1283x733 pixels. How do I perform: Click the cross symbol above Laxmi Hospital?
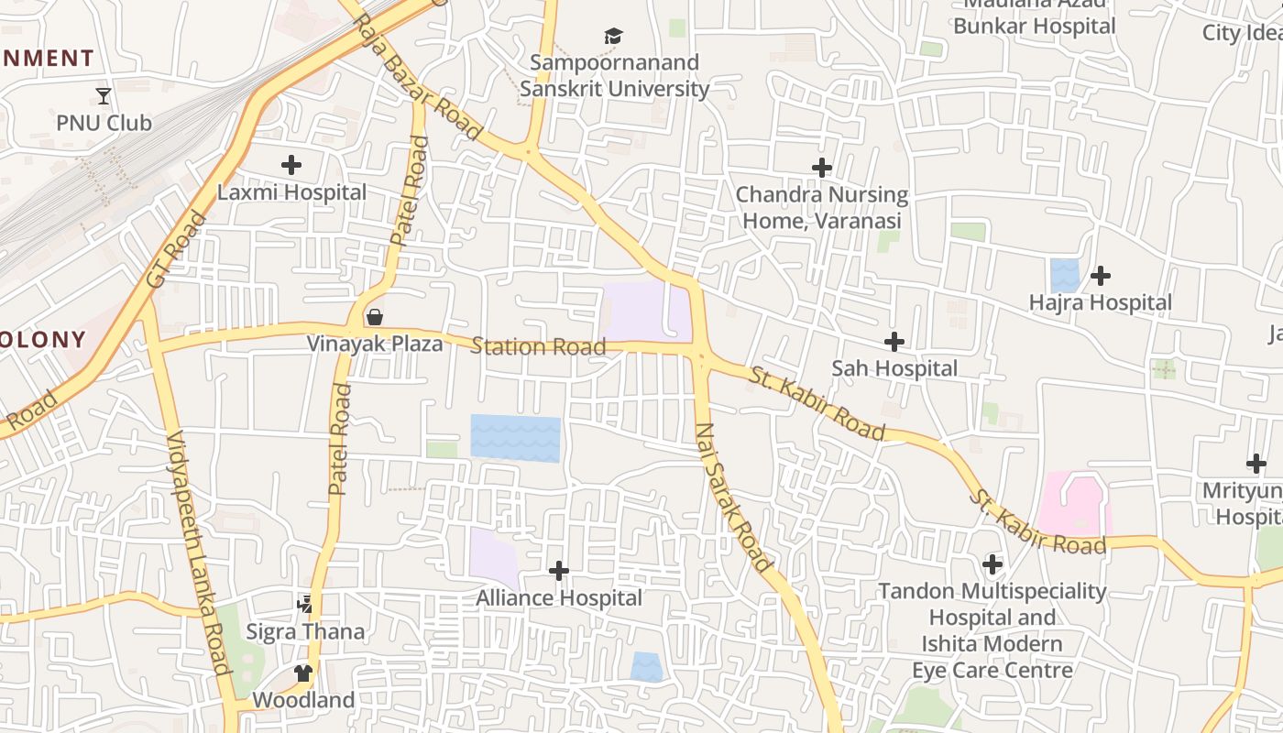291,165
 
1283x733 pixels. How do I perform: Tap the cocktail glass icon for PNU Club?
104,95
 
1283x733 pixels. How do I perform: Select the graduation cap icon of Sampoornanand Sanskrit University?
613,36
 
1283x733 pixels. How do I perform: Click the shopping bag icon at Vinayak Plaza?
375,317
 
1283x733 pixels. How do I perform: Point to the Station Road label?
538,346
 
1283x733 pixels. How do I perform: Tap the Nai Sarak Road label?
733,498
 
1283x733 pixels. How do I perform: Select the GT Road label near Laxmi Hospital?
173,249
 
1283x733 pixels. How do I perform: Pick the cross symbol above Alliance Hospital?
559,571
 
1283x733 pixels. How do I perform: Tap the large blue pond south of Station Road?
515,438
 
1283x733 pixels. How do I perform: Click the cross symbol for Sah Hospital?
894,342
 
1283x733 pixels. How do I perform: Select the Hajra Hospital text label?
1100,302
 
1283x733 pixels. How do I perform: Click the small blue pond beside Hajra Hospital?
1065,275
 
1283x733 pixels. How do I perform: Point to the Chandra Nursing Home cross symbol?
822,168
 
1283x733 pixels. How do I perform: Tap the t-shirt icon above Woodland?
303,673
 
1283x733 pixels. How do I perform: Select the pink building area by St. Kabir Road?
1074,503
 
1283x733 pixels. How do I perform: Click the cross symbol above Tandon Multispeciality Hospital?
992,564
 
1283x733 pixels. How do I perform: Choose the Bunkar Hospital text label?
1035,26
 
